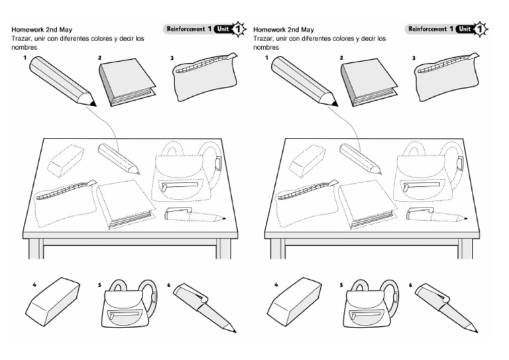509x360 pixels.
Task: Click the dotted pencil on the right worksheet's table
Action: tap(361, 158)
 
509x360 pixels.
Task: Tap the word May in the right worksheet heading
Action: tap(307, 30)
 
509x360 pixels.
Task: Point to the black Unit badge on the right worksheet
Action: tap(466, 29)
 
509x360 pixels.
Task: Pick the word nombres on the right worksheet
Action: tap(265, 48)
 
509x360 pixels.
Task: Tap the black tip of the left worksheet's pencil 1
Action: tap(92, 102)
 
